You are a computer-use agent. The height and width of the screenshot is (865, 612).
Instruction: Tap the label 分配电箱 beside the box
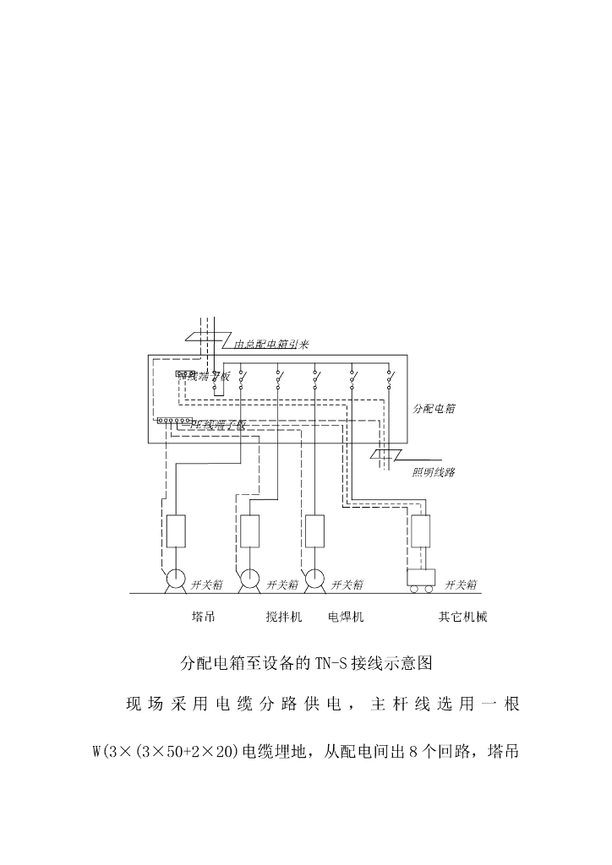tap(434, 408)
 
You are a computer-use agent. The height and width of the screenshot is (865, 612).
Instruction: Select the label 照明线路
tap(434, 472)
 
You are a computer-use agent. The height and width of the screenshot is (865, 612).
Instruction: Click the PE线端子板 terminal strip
tap(174, 420)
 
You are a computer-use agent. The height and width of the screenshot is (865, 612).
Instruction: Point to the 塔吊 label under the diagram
tap(204, 617)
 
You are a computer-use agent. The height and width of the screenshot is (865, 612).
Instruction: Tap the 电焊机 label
tap(346, 617)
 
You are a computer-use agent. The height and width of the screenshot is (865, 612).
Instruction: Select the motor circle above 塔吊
tap(176, 580)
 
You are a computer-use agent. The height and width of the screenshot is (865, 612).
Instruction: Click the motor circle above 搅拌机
tap(249, 580)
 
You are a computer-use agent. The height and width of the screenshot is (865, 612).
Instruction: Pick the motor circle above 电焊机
tap(314, 580)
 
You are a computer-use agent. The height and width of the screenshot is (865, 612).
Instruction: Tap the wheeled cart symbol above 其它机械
tap(421, 579)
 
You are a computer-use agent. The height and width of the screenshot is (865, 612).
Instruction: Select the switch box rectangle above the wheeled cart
tap(421, 530)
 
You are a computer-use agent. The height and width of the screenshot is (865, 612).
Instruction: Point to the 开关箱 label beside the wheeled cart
tap(462, 585)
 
